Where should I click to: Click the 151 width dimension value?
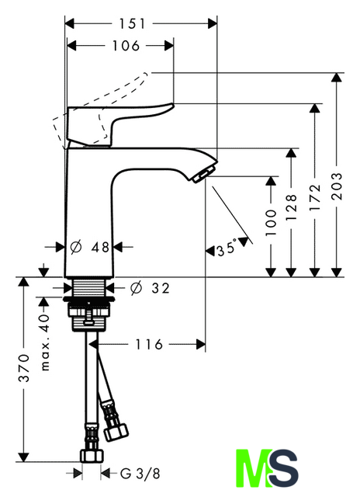pyautogui.click(x=132, y=24)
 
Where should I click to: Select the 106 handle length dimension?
pyautogui.click(x=126, y=46)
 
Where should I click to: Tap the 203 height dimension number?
pyautogui.click(x=337, y=186)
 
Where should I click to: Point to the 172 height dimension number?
pyautogui.click(x=315, y=197)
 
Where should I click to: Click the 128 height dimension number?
pyautogui.click(x=291, y=207)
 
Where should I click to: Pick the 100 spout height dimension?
pyautogui.click(x=271, y=222)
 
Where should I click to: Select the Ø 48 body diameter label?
pyautogui.click(x=89, y=247)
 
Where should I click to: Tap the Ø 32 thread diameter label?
pyautogui.click(x=150, y=288)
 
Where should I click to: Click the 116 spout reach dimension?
pyautogui.click(x=149, y=344)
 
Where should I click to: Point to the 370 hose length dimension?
pyautogui.click(x=24, y=368)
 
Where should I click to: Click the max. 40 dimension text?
pyautogui.click(x=45, y=342)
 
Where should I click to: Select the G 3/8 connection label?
pyautogui.click(x=140, y=474)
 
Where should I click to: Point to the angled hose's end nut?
pyautogui.click(x=116, y=433)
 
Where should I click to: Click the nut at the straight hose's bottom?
pyautogui.click(x=92, y=456)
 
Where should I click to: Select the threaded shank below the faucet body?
pyautogui.click(x=89, y=288)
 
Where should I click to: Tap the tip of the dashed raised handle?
pyautogui.click(x=146, y=75)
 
